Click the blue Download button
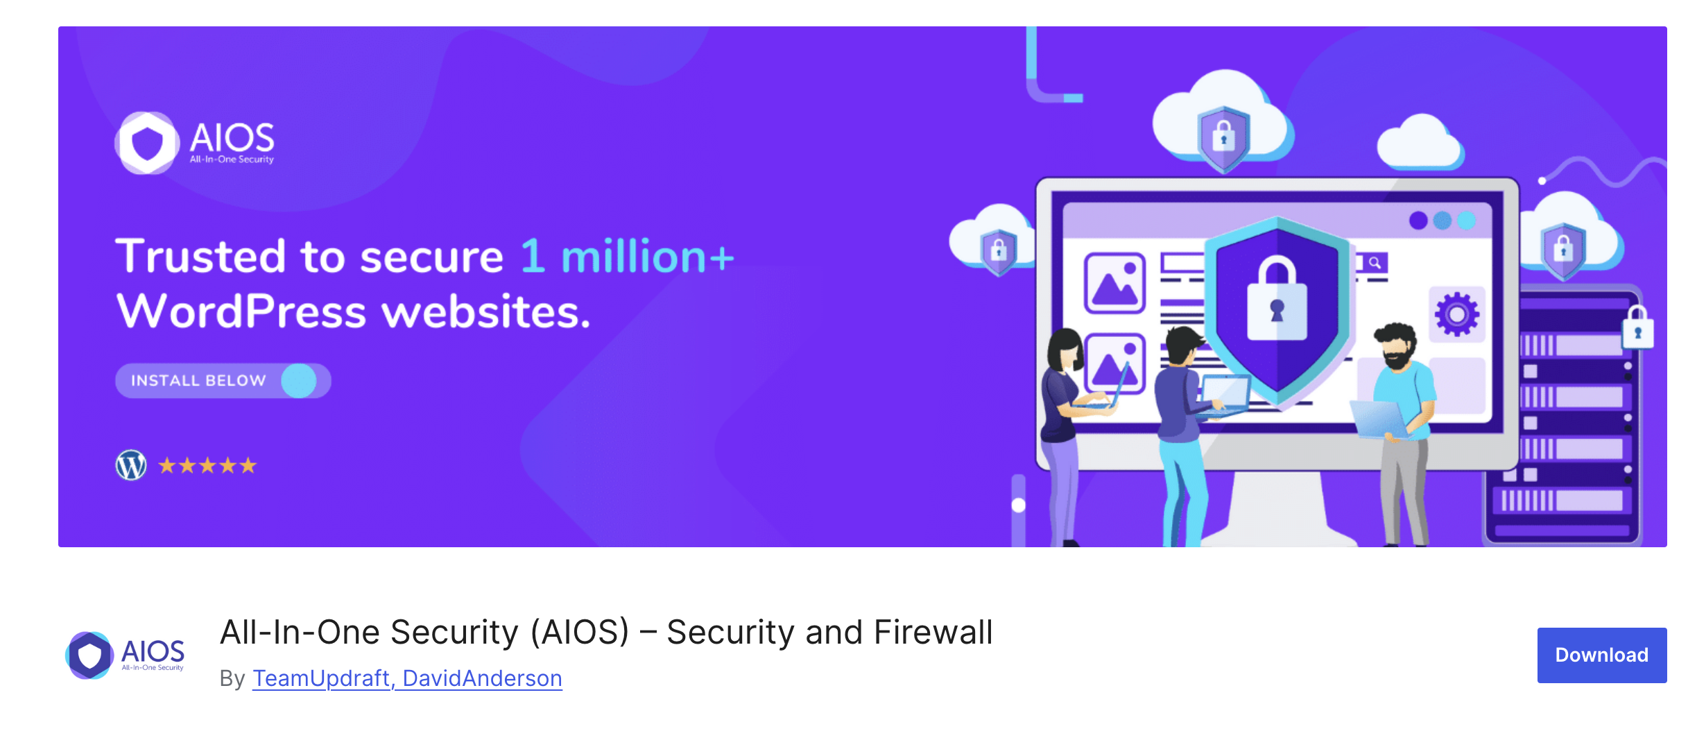[1601, 655]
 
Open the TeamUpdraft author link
[321, 678]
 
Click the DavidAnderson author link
[482, 678]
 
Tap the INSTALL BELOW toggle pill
[223, 381]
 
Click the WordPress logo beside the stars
[131, 465]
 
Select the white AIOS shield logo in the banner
[147, 143]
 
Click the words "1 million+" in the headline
[626, 257]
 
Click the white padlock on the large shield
[1277, 302]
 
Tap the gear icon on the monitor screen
[1456, 314]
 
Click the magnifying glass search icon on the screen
[1375, 263]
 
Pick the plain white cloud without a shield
[1420, 144]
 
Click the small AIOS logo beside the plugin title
[125, 655]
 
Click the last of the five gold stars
[248, 465]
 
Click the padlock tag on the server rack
[1637, 329]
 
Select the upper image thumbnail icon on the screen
[1114, 283]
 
